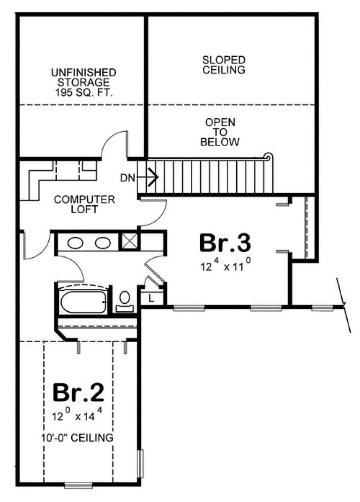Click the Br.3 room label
225,244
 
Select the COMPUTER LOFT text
85,204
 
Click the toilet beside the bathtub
125,300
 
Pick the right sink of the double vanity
102,243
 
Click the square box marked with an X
129,242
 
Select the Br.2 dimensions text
78,415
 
